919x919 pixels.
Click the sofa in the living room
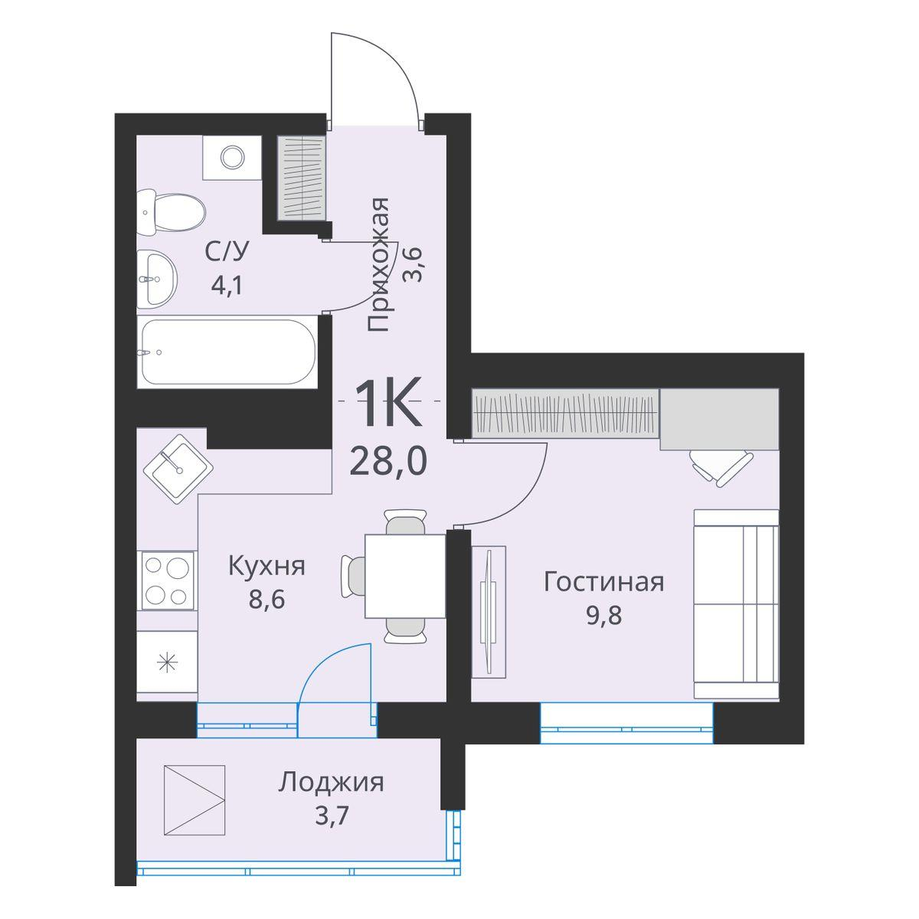click(x=736, y=603)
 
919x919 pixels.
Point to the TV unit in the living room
click(x=489, y=610)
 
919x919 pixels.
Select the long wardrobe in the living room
click(x=566, y=414)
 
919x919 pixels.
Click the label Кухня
click(x=267, y=567)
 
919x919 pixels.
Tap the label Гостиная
click(x=603, y=582)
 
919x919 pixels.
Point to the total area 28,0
click(x=388, y=463)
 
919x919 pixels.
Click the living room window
click(x=626, y=723)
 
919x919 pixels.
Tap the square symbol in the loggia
click(x=195, y=801)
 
